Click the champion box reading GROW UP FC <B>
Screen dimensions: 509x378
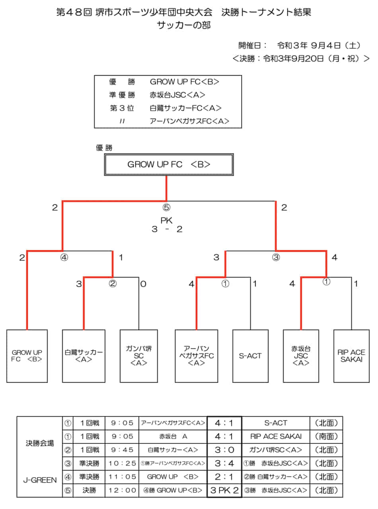169,165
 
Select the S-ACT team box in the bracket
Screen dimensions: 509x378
250,356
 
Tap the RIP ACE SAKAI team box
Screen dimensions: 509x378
351,356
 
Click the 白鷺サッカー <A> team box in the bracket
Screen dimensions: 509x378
84,356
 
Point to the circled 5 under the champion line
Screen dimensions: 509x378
167,207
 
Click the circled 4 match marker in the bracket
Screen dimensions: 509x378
64,257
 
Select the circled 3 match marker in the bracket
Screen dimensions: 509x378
276,257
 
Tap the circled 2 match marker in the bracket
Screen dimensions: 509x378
113,284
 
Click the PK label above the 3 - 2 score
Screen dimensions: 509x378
167,221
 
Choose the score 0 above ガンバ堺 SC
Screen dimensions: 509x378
144,284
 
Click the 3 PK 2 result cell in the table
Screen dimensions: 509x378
224,490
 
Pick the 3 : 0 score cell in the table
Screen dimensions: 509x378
224,450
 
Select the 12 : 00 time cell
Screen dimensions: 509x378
122,490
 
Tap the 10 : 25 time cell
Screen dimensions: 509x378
122,463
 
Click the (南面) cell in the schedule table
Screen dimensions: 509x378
326,436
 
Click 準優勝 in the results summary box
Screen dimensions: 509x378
122,95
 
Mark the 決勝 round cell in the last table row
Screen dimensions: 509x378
89,490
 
